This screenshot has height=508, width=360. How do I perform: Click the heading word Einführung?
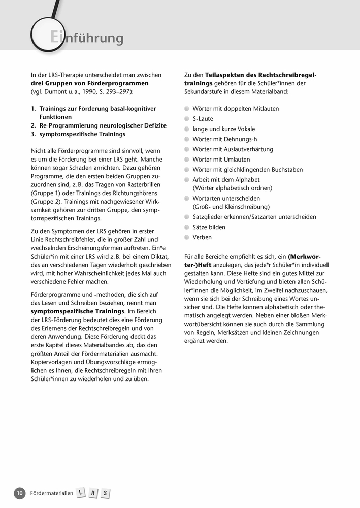coord(87,38)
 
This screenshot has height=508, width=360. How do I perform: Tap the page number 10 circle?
coord(19,493)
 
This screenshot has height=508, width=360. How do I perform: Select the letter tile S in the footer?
coord(105,493)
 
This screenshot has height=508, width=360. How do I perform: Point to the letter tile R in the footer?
coord(93,493)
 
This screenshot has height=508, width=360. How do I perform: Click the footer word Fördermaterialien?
coord(52,493)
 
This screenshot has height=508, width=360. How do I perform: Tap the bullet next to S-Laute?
coord(187,119)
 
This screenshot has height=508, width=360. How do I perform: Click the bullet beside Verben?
coord(187,237)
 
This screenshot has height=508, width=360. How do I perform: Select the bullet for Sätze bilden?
coord(187,227)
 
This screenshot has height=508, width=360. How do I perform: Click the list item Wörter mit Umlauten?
coord(221,160)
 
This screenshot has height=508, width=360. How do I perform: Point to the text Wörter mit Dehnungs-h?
coord(225,139)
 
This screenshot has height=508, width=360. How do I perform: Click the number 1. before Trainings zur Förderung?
coord(34,109)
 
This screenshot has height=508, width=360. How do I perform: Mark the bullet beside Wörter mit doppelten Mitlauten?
coord(187,109)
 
